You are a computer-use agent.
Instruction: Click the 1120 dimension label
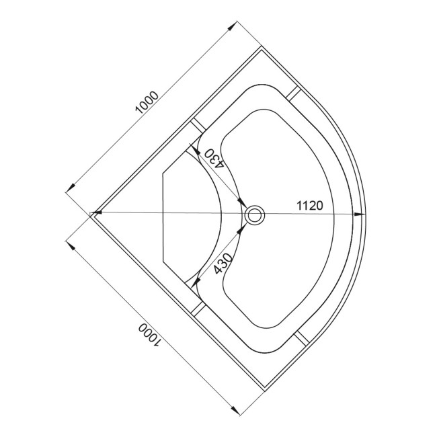coord(310,206)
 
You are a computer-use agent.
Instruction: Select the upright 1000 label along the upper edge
coord(147,102)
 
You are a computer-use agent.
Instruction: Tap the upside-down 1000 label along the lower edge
coord(149,335)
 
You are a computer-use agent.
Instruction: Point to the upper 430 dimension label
coord(214,158)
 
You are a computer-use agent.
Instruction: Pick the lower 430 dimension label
coord(223,263)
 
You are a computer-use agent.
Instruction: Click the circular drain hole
coord(254,214)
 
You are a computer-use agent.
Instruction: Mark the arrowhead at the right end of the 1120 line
coord(360,214)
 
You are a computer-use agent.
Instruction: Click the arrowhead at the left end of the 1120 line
coord(96,212)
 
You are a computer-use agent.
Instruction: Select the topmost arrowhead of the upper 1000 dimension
coord(232,26)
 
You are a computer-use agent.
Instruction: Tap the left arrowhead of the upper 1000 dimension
coord(71,188)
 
